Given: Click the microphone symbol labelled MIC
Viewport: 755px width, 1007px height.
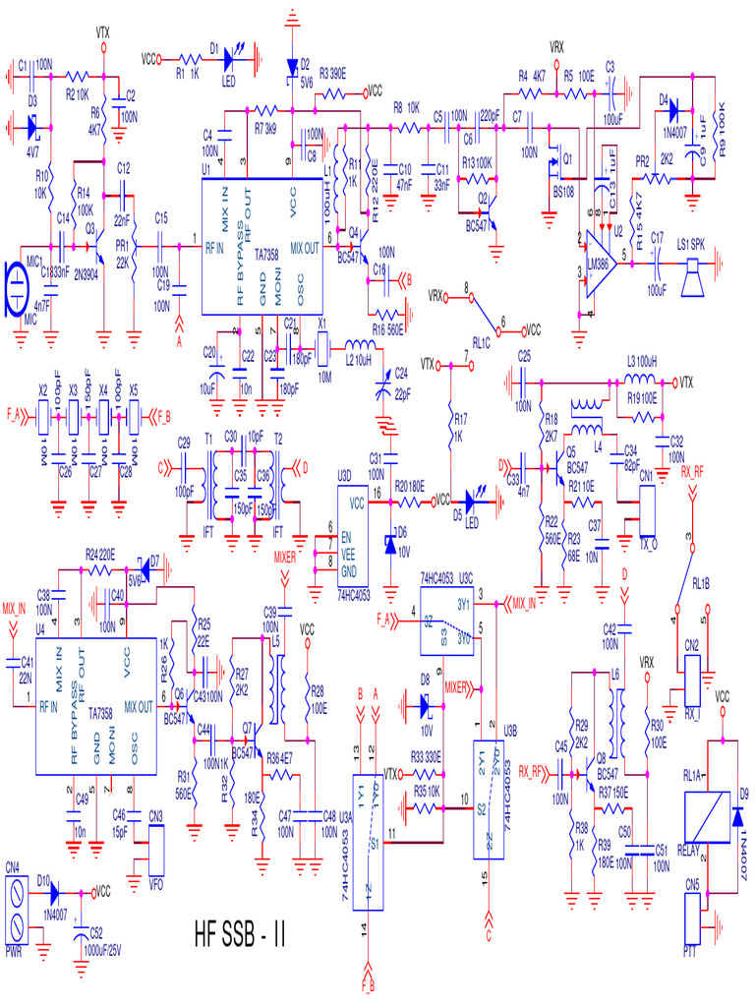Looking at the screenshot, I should pyautogui.click(x=17, y=289).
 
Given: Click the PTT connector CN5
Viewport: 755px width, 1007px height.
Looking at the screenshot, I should pyautogui.click(x=693, y=920).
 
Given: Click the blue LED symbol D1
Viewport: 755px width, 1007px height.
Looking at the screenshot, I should pyautogui.click(x=233, y=58).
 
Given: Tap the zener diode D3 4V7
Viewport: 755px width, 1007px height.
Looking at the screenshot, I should pyautogui.click(x=32, y=127).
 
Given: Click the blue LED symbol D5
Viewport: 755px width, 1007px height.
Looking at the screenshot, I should pyautogui.click(x=475, y=501).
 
